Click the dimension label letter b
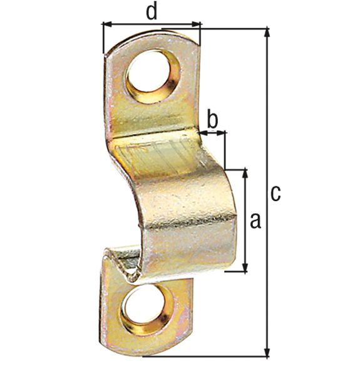212,118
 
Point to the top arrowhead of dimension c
268,33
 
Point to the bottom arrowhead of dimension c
268,352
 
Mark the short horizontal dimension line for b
213,132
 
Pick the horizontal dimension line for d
152,24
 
